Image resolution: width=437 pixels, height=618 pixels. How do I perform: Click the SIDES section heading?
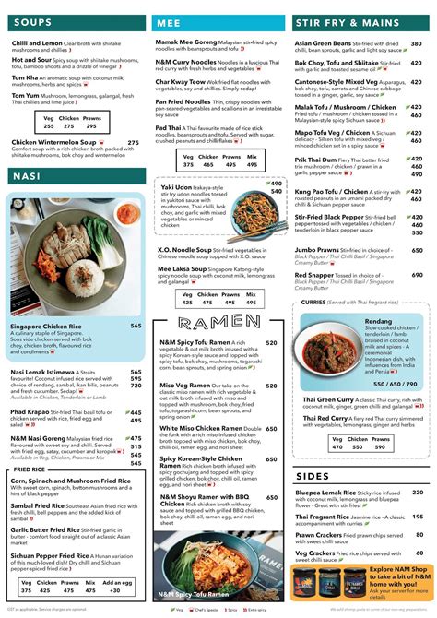click(313, 476)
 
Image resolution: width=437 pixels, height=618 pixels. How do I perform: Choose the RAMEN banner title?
click(218, 322)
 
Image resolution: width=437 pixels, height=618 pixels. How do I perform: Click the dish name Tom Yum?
click(25, 95)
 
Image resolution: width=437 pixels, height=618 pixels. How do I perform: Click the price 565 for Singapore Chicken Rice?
click(136, 326)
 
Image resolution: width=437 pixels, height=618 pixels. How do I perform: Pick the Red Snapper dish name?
click(320, 275)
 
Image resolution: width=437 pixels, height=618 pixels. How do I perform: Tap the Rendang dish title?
click(379, 321)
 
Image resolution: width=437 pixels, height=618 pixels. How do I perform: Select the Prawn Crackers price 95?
click(418, 536)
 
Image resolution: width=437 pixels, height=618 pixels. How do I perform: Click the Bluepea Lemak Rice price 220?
click(417, 492)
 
